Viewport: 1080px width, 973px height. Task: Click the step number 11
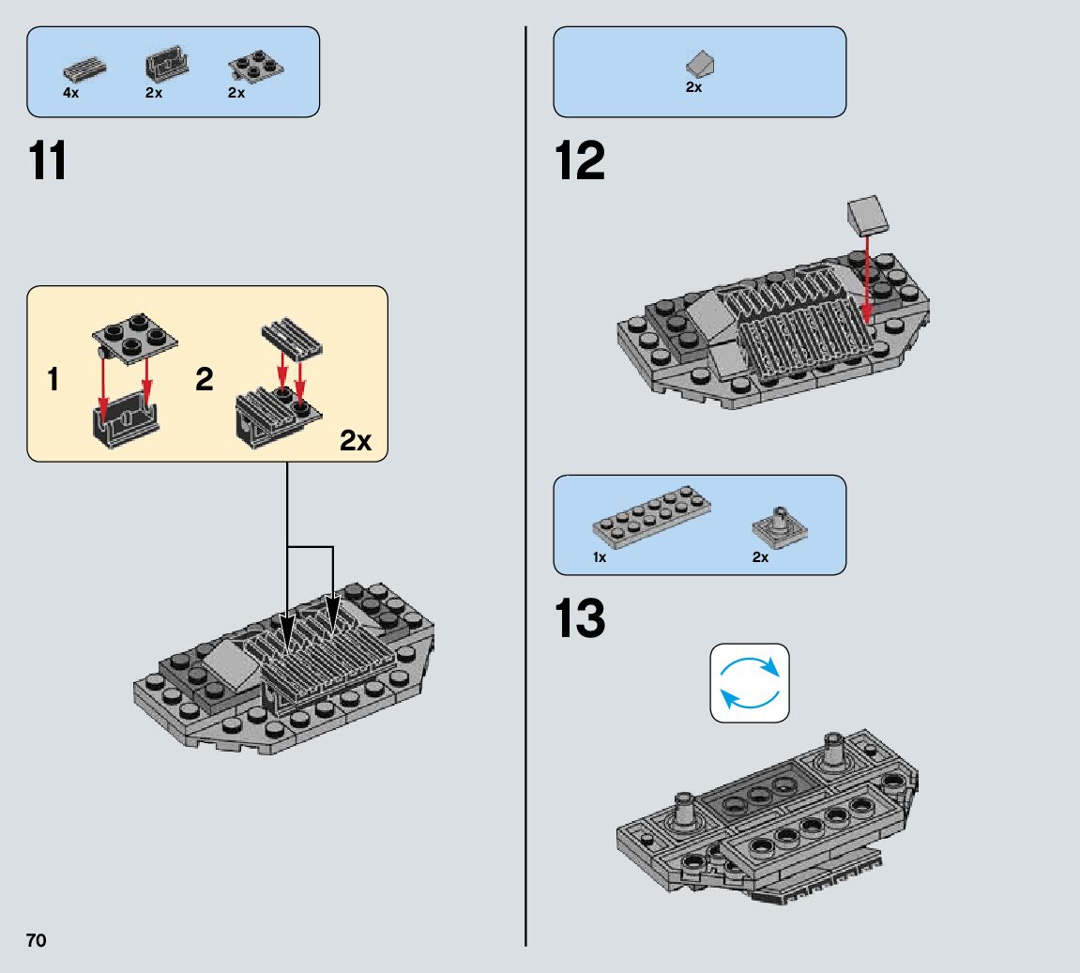tap(48, 161)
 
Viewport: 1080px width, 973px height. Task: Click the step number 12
tap(580, 161)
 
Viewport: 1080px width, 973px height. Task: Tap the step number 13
tap(580, 619)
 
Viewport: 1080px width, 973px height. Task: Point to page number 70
tap(36, 941)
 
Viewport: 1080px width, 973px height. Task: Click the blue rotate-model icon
tap(750, 682)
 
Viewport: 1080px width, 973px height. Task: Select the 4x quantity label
tap(71, 93)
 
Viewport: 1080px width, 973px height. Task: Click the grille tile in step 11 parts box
tap(84, 68)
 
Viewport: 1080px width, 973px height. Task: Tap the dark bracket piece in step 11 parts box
tap(167, 65)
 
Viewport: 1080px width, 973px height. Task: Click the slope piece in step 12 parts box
tap(700, 64)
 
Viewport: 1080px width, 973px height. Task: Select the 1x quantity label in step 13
tap(600, 557)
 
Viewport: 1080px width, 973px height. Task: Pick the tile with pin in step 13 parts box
tap(780, 527)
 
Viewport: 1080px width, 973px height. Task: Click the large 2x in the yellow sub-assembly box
tap(356, 441)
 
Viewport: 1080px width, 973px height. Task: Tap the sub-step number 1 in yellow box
tap(53, 380)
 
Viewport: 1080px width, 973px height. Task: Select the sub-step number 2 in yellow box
tap(204, 380)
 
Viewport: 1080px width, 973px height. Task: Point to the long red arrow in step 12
tap(867, 277)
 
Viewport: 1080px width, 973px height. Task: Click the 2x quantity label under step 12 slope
tap(694, 87)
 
